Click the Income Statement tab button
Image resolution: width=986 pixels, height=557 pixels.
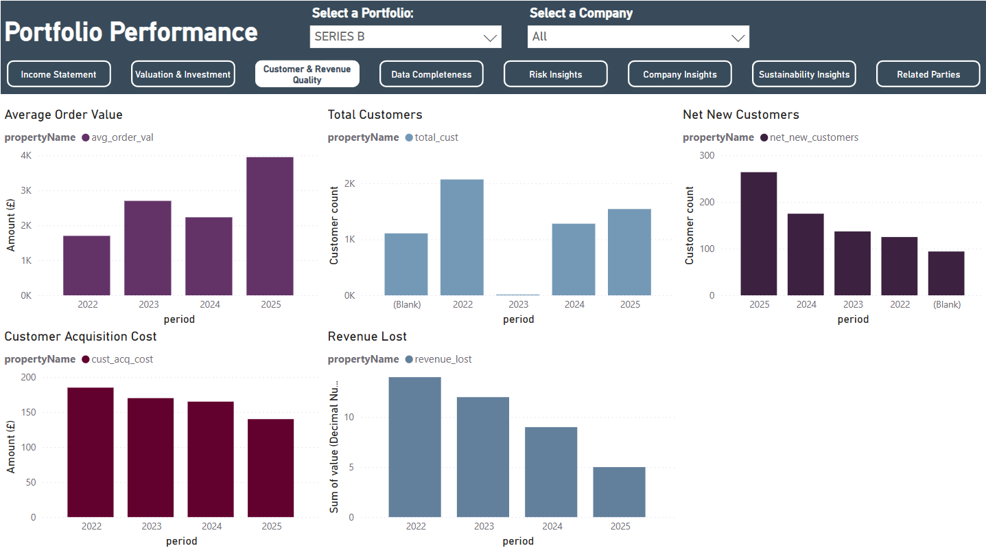59,74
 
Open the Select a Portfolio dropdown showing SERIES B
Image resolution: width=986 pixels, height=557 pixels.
406,36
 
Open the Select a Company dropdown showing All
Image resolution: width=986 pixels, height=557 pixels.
638,36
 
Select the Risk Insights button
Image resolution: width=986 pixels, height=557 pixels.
556,74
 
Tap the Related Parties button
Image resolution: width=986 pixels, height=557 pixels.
928,74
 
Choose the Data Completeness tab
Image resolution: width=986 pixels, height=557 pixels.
432,74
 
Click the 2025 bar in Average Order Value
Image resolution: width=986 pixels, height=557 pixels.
270,226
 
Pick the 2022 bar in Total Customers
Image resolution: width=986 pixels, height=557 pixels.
462,237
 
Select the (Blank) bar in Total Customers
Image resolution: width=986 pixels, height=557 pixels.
406,264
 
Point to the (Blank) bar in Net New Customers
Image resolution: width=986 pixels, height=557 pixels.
946,273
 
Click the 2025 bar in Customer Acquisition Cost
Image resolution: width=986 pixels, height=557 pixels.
271,468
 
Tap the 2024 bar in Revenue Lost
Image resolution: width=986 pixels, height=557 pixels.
551,472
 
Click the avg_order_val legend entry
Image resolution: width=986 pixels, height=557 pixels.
118,137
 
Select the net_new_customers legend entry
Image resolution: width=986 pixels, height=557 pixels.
810,137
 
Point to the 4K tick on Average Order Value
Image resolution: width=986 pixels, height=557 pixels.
26,155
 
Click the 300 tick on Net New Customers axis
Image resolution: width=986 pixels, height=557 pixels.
707,155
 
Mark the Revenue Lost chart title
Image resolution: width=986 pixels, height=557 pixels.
367,337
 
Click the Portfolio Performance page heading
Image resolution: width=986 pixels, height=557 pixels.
131,32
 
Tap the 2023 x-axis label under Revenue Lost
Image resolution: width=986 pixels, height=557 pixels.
484,526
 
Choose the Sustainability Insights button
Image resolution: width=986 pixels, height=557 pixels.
804,74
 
